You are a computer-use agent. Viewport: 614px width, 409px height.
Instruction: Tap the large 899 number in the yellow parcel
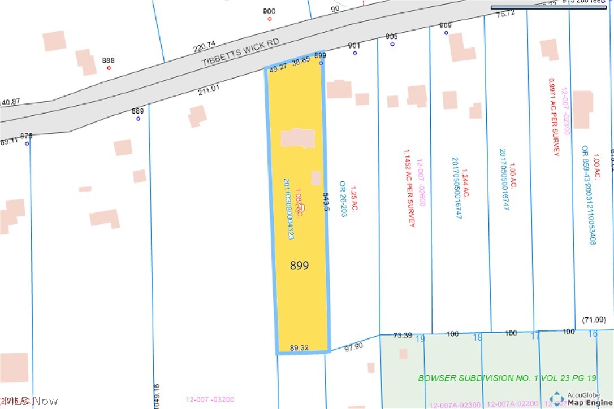(x=299, y=266)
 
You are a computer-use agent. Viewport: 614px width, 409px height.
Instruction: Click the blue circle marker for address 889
(x=138, y=119)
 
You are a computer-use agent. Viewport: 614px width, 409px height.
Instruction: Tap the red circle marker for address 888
(x=109, y=68)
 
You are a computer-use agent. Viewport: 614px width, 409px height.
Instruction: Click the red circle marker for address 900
(x=269, y=19)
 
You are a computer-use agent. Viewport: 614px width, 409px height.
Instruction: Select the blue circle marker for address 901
(x=355, y=53)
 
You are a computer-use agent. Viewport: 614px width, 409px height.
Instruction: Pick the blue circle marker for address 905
(x=392, y=44)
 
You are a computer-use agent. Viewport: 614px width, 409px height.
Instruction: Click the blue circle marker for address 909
(x=446, y=33)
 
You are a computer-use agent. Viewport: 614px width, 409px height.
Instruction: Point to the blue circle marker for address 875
(x=27, y=143)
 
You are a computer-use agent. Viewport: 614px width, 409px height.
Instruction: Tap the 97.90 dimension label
(x=353, y=347)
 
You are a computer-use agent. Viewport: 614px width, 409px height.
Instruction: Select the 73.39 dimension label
(x=403, y=336)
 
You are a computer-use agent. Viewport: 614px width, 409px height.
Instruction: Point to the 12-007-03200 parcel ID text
(x=210, y=400)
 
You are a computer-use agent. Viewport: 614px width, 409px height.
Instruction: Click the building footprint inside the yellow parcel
(x=299, y=138)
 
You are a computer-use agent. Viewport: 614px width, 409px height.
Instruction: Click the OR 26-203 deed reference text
(x=342, y=199)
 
